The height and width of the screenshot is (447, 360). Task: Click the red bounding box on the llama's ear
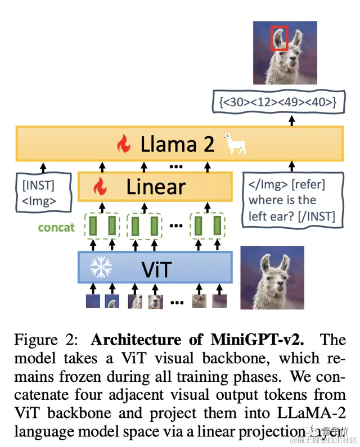tap(279, 38)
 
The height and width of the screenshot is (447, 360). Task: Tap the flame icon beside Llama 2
tap(123, 145)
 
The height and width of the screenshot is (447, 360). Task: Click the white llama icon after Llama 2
tap(235, 144)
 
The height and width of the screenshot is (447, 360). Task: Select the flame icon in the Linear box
tap(100, 186)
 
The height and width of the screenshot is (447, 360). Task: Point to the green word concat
tap(56, 228)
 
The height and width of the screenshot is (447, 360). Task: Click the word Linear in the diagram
tap(156, 186)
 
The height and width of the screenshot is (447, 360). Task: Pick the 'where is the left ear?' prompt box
tap(291, 200)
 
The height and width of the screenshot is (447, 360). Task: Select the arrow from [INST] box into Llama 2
tap(43, 166)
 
